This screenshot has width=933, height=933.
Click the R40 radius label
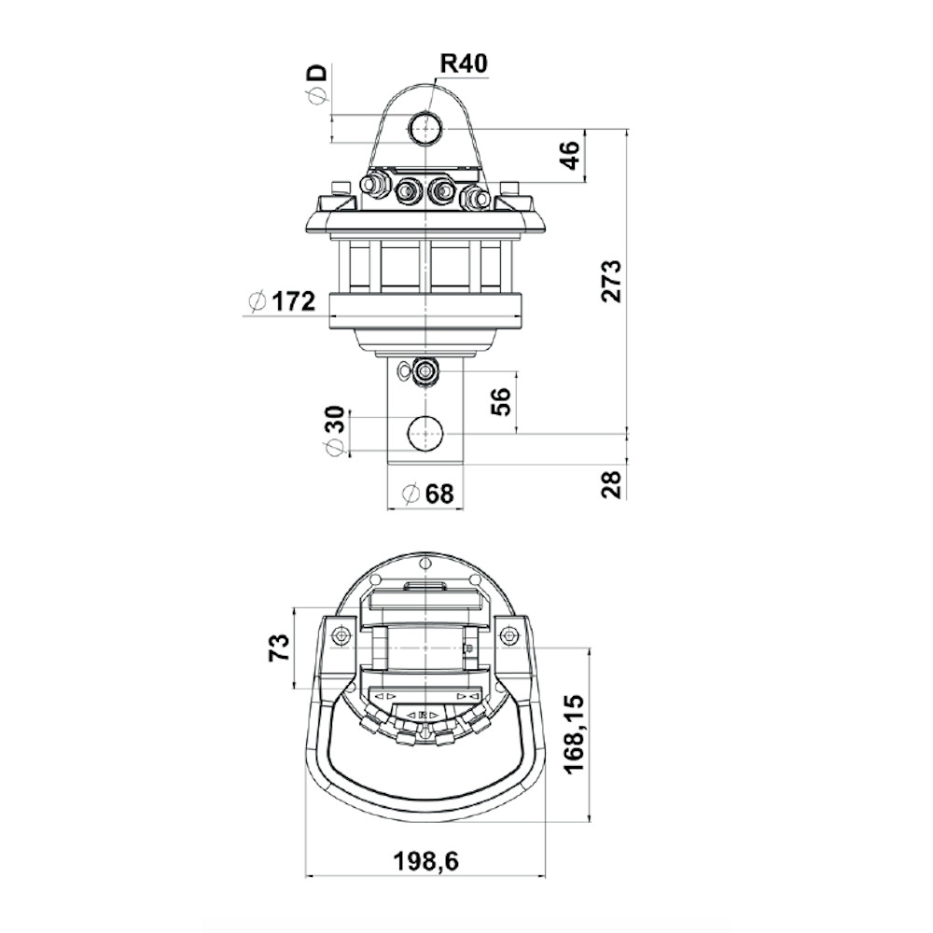tap(463, 63)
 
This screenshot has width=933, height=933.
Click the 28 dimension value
tap(611, 483)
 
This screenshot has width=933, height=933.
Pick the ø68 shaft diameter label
tap(427, 494)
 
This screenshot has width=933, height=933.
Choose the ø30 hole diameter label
tap(336, 430)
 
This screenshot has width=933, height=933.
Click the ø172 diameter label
tap(282, 301)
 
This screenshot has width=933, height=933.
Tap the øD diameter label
tap(318, 84)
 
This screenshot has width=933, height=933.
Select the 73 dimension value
tap(280, 647)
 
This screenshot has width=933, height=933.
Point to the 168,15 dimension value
tap(574, 733)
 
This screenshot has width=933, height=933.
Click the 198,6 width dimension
tap(426, 860)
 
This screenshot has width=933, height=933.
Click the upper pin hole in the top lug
tap(425, 127)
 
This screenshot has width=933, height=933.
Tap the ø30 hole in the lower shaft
tap(426, 434)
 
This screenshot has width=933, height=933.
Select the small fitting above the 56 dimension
tap(425, 371)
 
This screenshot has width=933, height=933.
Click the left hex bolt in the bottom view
tap(341, 636)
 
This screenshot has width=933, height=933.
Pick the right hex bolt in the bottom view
tap(508, 636)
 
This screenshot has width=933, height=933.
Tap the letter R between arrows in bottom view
tap(423, 715)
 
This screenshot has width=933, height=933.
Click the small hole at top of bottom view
tap(425, 564)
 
